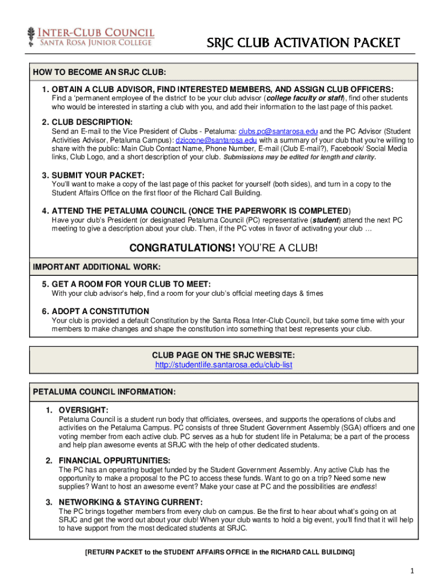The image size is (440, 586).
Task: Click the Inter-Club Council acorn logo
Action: [30, 36]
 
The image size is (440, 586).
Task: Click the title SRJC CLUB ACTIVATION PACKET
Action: [303, 43]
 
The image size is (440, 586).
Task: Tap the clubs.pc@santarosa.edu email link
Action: [278, 132]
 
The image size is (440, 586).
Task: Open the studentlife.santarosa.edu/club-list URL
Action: [224, 365]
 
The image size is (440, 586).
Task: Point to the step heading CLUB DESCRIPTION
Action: [87, 122]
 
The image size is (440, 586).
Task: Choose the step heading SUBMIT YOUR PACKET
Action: [93, 175]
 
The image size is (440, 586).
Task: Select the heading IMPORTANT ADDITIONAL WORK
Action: [97, 267]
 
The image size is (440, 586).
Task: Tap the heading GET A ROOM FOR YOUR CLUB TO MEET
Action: [126, 284]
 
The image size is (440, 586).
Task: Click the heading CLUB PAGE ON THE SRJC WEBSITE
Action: [223, 355]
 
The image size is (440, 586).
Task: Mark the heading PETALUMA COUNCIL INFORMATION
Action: [104, 392]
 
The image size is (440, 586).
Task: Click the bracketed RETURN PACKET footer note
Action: [220, 552]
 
